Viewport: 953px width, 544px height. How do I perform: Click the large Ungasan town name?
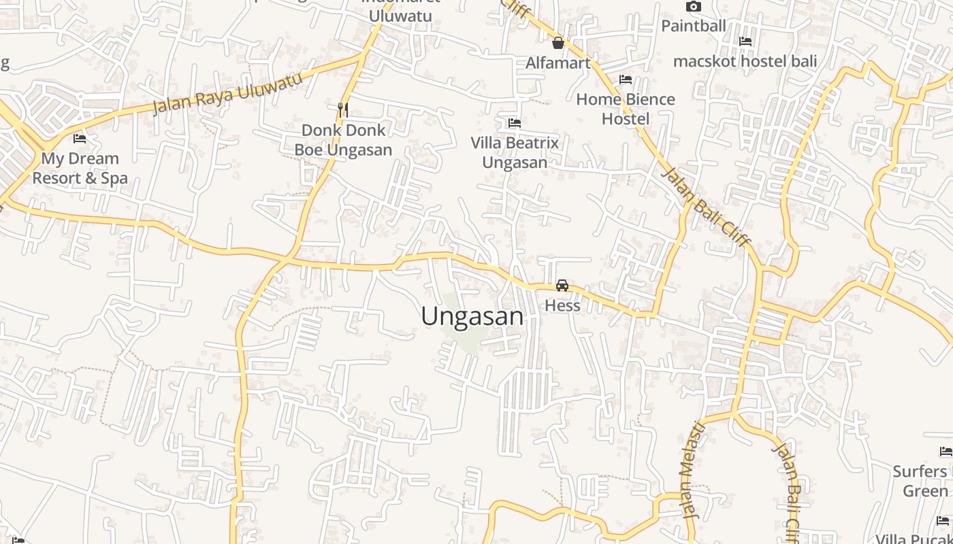pyautogui.click(x=472, y=316)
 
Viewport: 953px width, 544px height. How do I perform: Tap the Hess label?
pyautogui.click(x=562, y=305)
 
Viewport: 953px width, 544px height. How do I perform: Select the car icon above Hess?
pyautogui.click(x=562, y=286)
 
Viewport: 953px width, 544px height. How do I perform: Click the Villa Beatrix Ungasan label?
pyautogui.click(x=515, y=152)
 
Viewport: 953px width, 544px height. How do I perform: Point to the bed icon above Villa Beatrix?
pyautogui.click(x=515, y=123)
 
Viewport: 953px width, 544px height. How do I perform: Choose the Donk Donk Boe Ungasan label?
pyautogui.click(x=343, y=139)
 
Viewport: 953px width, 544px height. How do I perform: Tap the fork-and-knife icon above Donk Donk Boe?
pyautogui.click(x=343, y=109)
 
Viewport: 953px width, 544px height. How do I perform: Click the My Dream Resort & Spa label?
pyautogui.click(x=80, y=168)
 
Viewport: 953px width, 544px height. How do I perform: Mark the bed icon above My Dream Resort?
pyautogui.click(x=80, y=139)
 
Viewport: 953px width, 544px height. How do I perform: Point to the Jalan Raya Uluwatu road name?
pyautogui.click(x=227, y=93)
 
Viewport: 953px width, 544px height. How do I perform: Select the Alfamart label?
pyautogui.click(x=558, y=63)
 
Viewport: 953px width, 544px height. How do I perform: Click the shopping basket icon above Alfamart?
pyautogui.click(x=558, y=44)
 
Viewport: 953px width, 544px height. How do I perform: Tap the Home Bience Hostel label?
pyautogui.click(x=626, y=109)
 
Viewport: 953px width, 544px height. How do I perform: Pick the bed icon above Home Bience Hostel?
pyautogui.click(x=626, y=80)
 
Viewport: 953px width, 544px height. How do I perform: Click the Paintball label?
pyautogui.click(x=694, y=26)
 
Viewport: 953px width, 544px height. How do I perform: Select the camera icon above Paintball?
pyautogui.click(x=694, y=7)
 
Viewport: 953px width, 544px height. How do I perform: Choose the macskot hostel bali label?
pyautogui.click(x=745, y=61)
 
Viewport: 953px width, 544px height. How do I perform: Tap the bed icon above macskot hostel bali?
pyautogui.click(x=745, y=41)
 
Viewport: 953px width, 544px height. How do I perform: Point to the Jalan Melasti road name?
pyautogui.click(x=692, y=469)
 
